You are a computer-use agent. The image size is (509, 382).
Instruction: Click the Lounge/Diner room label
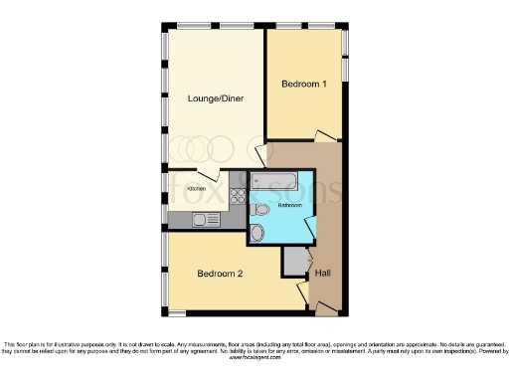(x=215, y=98)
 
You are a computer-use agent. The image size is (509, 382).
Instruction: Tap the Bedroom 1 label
(x=304, y=84)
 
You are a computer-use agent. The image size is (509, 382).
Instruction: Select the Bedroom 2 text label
(x=221, y=273)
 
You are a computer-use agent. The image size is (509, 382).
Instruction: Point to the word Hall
(x=323, y=273)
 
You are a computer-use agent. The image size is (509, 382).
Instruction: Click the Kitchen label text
(x=197, y=187)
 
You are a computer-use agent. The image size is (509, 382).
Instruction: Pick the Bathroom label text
(x=289, y=204)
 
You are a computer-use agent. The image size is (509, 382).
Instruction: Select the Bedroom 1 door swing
(x=324, y=136)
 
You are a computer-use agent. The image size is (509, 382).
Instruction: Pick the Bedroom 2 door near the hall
(x=303, y=290)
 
